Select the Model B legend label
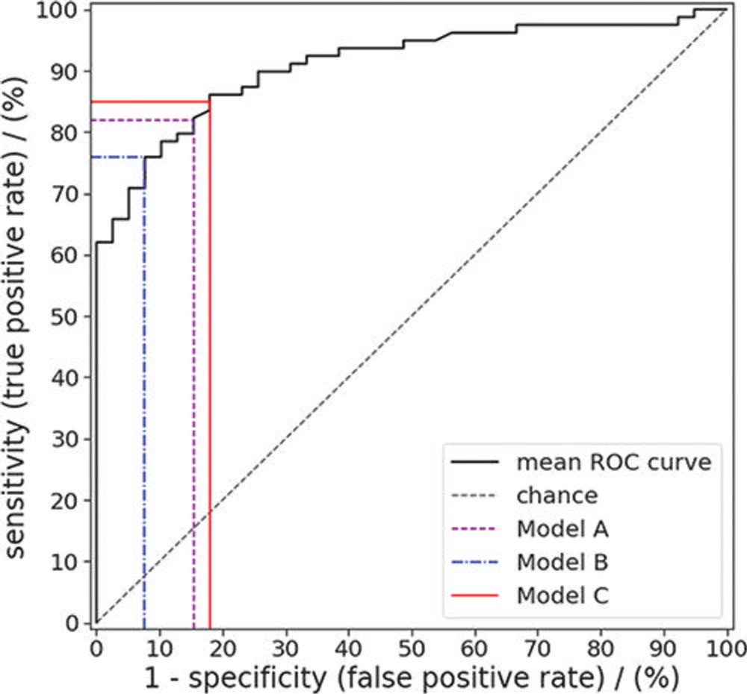coord(562,562)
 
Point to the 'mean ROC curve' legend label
coord(613,463)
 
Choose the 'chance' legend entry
coord(557,496)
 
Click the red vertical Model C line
coord(210,373)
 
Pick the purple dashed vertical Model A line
coord(193,373)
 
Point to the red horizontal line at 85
coord(149,101)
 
